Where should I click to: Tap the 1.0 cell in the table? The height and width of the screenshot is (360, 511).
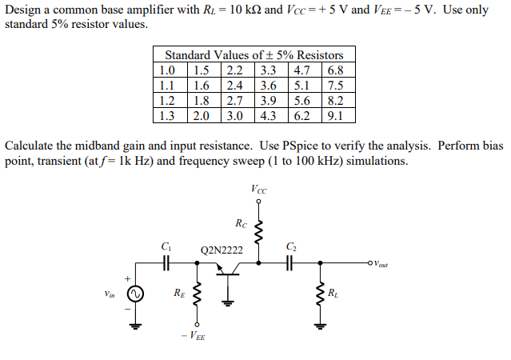pyautogui.click(x=167, y=69)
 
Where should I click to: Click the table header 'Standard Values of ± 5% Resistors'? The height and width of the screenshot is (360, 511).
pyautogui.click(x=254, y=54)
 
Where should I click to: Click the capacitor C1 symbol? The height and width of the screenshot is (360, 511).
pyautogui.click(x=166, y=262)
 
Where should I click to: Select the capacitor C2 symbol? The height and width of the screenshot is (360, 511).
pyautogui.click(x=290, y=262)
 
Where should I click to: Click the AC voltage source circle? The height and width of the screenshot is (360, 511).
pyautogui.click(x=135, y=294)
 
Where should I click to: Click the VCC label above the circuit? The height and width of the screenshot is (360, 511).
pyautogui.click(x=258, y=190)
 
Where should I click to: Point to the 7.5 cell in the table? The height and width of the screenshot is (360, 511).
pyautogui.click(x=335, y=84)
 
